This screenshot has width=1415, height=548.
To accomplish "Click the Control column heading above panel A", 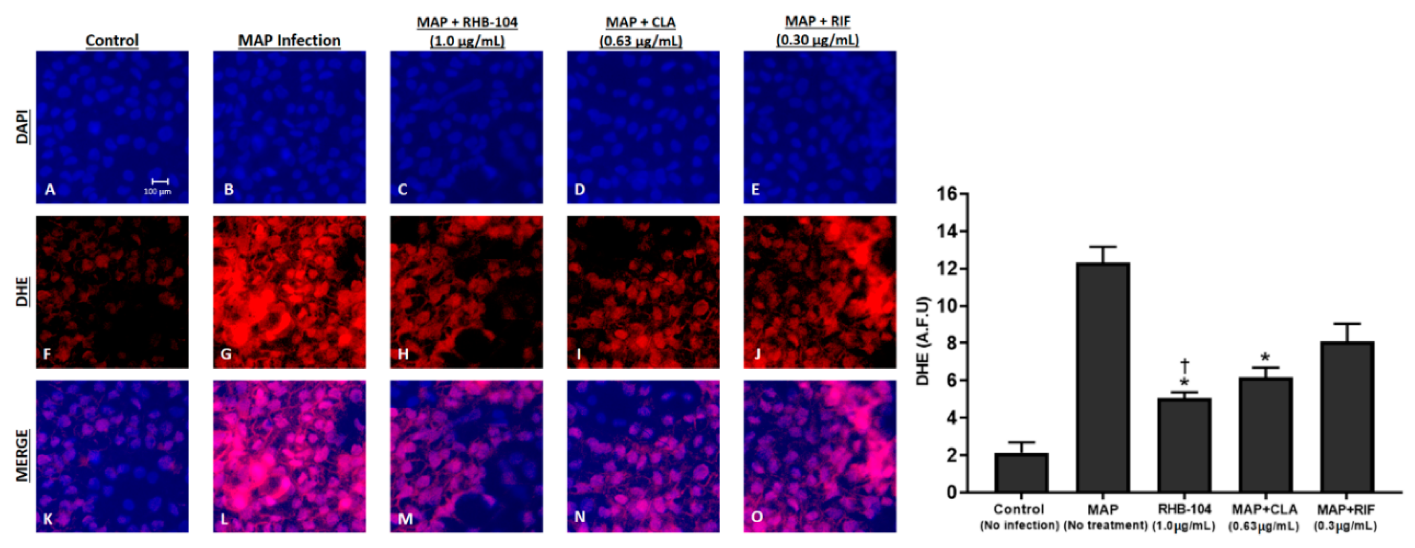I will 112,40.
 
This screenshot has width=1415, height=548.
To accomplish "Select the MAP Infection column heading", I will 289,40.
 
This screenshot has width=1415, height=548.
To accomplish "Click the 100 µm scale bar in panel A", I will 160,181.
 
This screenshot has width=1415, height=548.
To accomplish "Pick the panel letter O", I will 757,517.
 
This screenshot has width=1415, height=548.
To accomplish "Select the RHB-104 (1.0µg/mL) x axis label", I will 1184,517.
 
